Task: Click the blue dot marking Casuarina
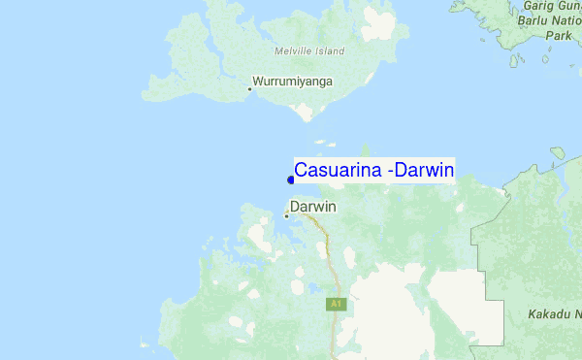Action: [x=291, y=179]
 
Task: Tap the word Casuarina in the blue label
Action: [x=338, y=171]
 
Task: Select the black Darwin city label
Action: [x=313, y=207]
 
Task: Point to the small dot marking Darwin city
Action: [x=286, y=215]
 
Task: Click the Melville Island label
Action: [x=309, y=51]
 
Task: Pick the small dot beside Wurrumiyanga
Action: [x=249, y=89]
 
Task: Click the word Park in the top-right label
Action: [x=558, y=35]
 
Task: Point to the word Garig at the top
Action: [x=537, y=6]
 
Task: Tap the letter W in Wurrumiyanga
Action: [x=257, y=82]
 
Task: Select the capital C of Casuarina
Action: [x=302, y=171]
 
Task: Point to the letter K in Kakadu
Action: [x=532, y=314]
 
